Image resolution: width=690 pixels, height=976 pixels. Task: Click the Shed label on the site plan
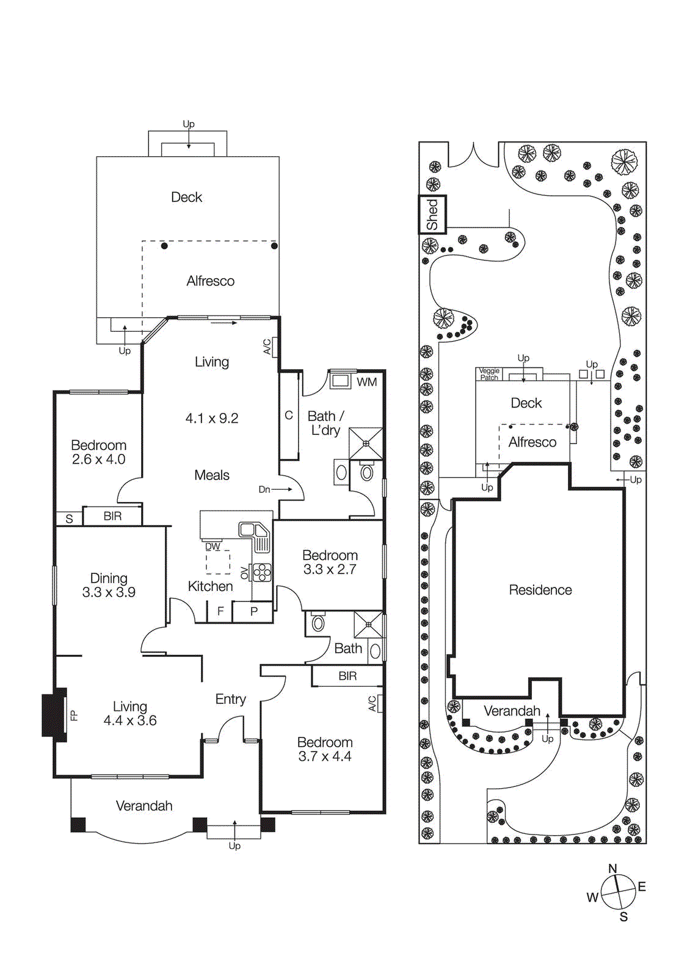[x=432, y=214]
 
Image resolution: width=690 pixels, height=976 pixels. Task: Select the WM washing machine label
[x=366, y=382]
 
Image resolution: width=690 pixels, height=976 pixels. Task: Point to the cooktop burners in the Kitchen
[x=261, y=572]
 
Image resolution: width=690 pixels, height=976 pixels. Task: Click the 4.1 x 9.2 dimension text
[x=211, y=418]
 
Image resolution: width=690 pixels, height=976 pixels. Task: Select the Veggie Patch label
[x=488, y=374]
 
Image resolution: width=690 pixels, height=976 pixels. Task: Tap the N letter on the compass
[x=612, y=868]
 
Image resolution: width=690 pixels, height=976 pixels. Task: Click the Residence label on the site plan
[x=540, y=590]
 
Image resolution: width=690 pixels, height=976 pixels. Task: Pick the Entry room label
[x=230, y=699]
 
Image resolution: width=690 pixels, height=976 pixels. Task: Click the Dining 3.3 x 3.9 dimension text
[x=109, y=592]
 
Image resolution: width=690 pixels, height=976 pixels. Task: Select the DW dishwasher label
[x=212, y=547]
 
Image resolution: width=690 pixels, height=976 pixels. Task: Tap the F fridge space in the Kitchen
[x=220, y=611]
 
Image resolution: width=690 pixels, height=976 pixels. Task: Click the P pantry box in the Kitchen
[x=253, y=611]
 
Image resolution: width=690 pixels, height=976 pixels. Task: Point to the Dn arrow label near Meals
[x=264, y=489]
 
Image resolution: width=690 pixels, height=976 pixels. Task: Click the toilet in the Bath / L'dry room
[x=367, y=472]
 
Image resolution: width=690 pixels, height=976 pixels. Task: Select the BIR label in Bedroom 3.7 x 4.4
[x=347, y=676]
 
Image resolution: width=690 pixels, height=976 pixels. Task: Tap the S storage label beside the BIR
[x=69, y=519]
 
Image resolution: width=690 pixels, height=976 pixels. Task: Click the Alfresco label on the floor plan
[x=210, y=281]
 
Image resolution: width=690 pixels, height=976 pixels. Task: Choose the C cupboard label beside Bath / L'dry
[x=289, y=415]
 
